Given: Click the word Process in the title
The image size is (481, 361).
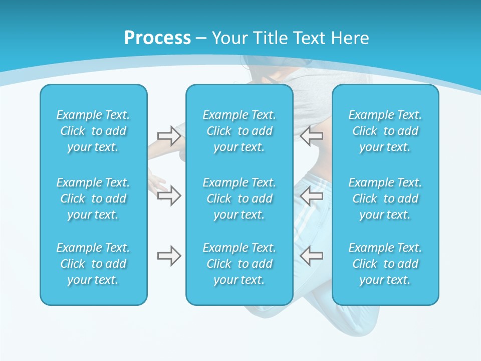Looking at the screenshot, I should point(157,38).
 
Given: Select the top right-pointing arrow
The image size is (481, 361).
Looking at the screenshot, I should point(169,135).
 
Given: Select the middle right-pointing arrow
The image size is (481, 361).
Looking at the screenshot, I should point(169,196).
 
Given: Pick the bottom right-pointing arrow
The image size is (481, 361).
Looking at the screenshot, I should point(169,256).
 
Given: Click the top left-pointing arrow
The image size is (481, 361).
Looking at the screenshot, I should point(311,135).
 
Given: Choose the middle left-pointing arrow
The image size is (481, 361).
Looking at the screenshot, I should point(311,196).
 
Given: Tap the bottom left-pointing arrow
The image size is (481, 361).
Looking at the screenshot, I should point(311,256).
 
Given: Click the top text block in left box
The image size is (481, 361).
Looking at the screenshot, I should point(93,131).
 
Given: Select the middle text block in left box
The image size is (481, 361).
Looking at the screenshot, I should point(93,199).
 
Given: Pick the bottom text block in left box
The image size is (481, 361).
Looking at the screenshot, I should point(93,264).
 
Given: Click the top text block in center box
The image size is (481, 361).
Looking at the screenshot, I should point(239,131).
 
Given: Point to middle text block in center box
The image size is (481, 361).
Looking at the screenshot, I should point(239,199).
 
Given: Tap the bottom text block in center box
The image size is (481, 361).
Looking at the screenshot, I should point(239,264).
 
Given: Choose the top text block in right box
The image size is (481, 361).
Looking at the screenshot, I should point(385,131).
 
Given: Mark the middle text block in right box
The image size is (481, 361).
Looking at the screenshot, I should point(385,199).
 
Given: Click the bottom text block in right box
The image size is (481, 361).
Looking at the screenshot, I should point(385,264).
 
